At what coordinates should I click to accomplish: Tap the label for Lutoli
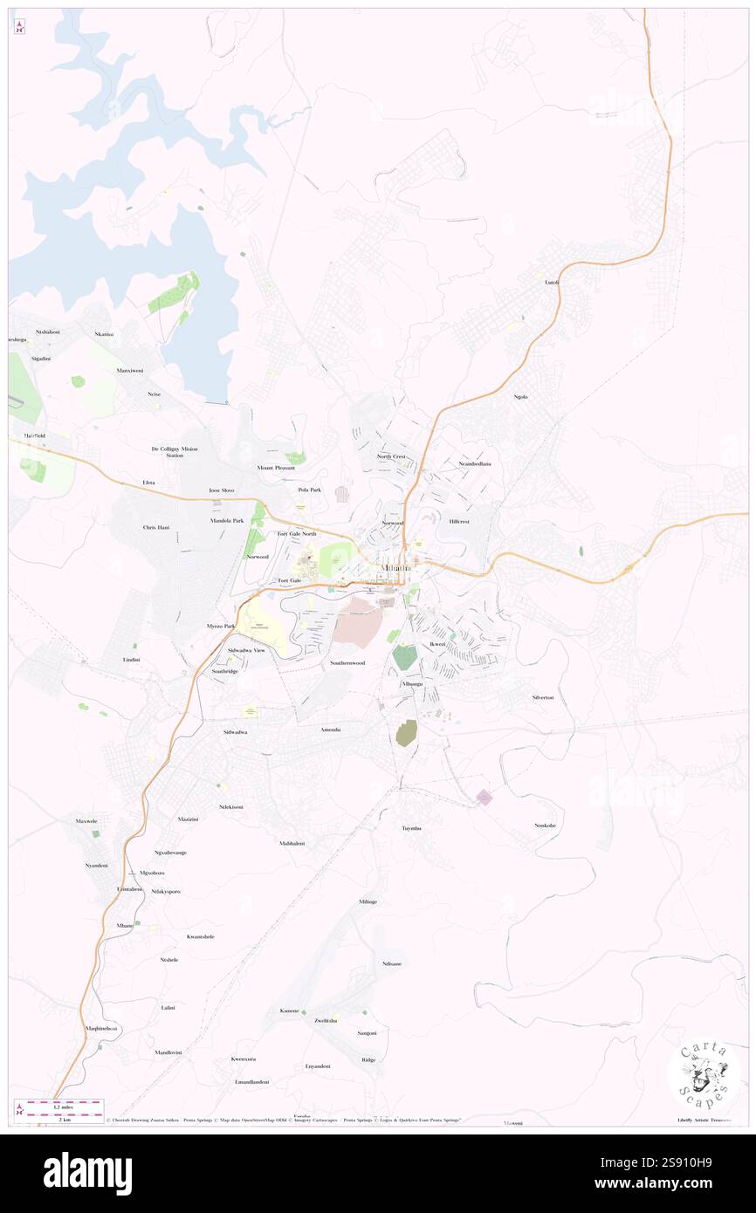551,282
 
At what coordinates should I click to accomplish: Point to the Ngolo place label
521,397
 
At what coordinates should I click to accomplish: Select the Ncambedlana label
475,463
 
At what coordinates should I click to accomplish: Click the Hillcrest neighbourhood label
459,521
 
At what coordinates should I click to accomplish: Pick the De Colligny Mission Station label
175,452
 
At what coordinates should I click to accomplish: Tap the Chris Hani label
156,528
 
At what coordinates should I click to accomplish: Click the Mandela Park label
227,520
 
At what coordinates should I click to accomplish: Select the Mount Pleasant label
276,468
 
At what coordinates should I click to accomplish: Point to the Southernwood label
347,663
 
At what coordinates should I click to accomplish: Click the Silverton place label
542,697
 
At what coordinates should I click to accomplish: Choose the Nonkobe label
546,825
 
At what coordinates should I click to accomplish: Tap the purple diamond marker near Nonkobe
484,797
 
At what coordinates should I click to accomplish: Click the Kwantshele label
200,936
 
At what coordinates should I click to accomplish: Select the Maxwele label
87,821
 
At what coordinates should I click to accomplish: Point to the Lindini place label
132,659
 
